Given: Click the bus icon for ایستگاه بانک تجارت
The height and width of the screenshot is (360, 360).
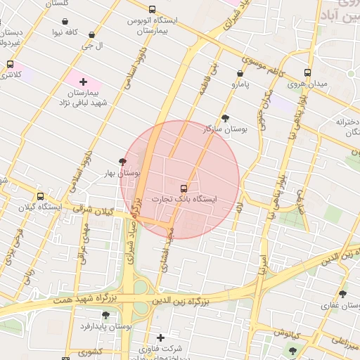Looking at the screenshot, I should [184, 188].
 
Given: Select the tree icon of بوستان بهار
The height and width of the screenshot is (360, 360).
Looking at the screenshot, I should [124, 162].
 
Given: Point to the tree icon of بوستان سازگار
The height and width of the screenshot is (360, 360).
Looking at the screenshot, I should [224, 118].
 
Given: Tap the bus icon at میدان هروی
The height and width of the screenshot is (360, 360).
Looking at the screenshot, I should [307, 72].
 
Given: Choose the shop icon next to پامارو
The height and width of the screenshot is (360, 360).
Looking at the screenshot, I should [240, 72].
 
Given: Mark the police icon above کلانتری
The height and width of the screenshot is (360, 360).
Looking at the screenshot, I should [10, 64].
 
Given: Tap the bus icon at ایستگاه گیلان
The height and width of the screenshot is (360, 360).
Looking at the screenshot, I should [41, 196].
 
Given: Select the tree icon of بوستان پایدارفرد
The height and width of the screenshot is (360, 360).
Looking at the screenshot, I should [105, 315].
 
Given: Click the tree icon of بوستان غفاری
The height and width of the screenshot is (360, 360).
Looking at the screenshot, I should [342, 294].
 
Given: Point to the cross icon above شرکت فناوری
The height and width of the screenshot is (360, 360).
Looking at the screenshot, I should [161, 337].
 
